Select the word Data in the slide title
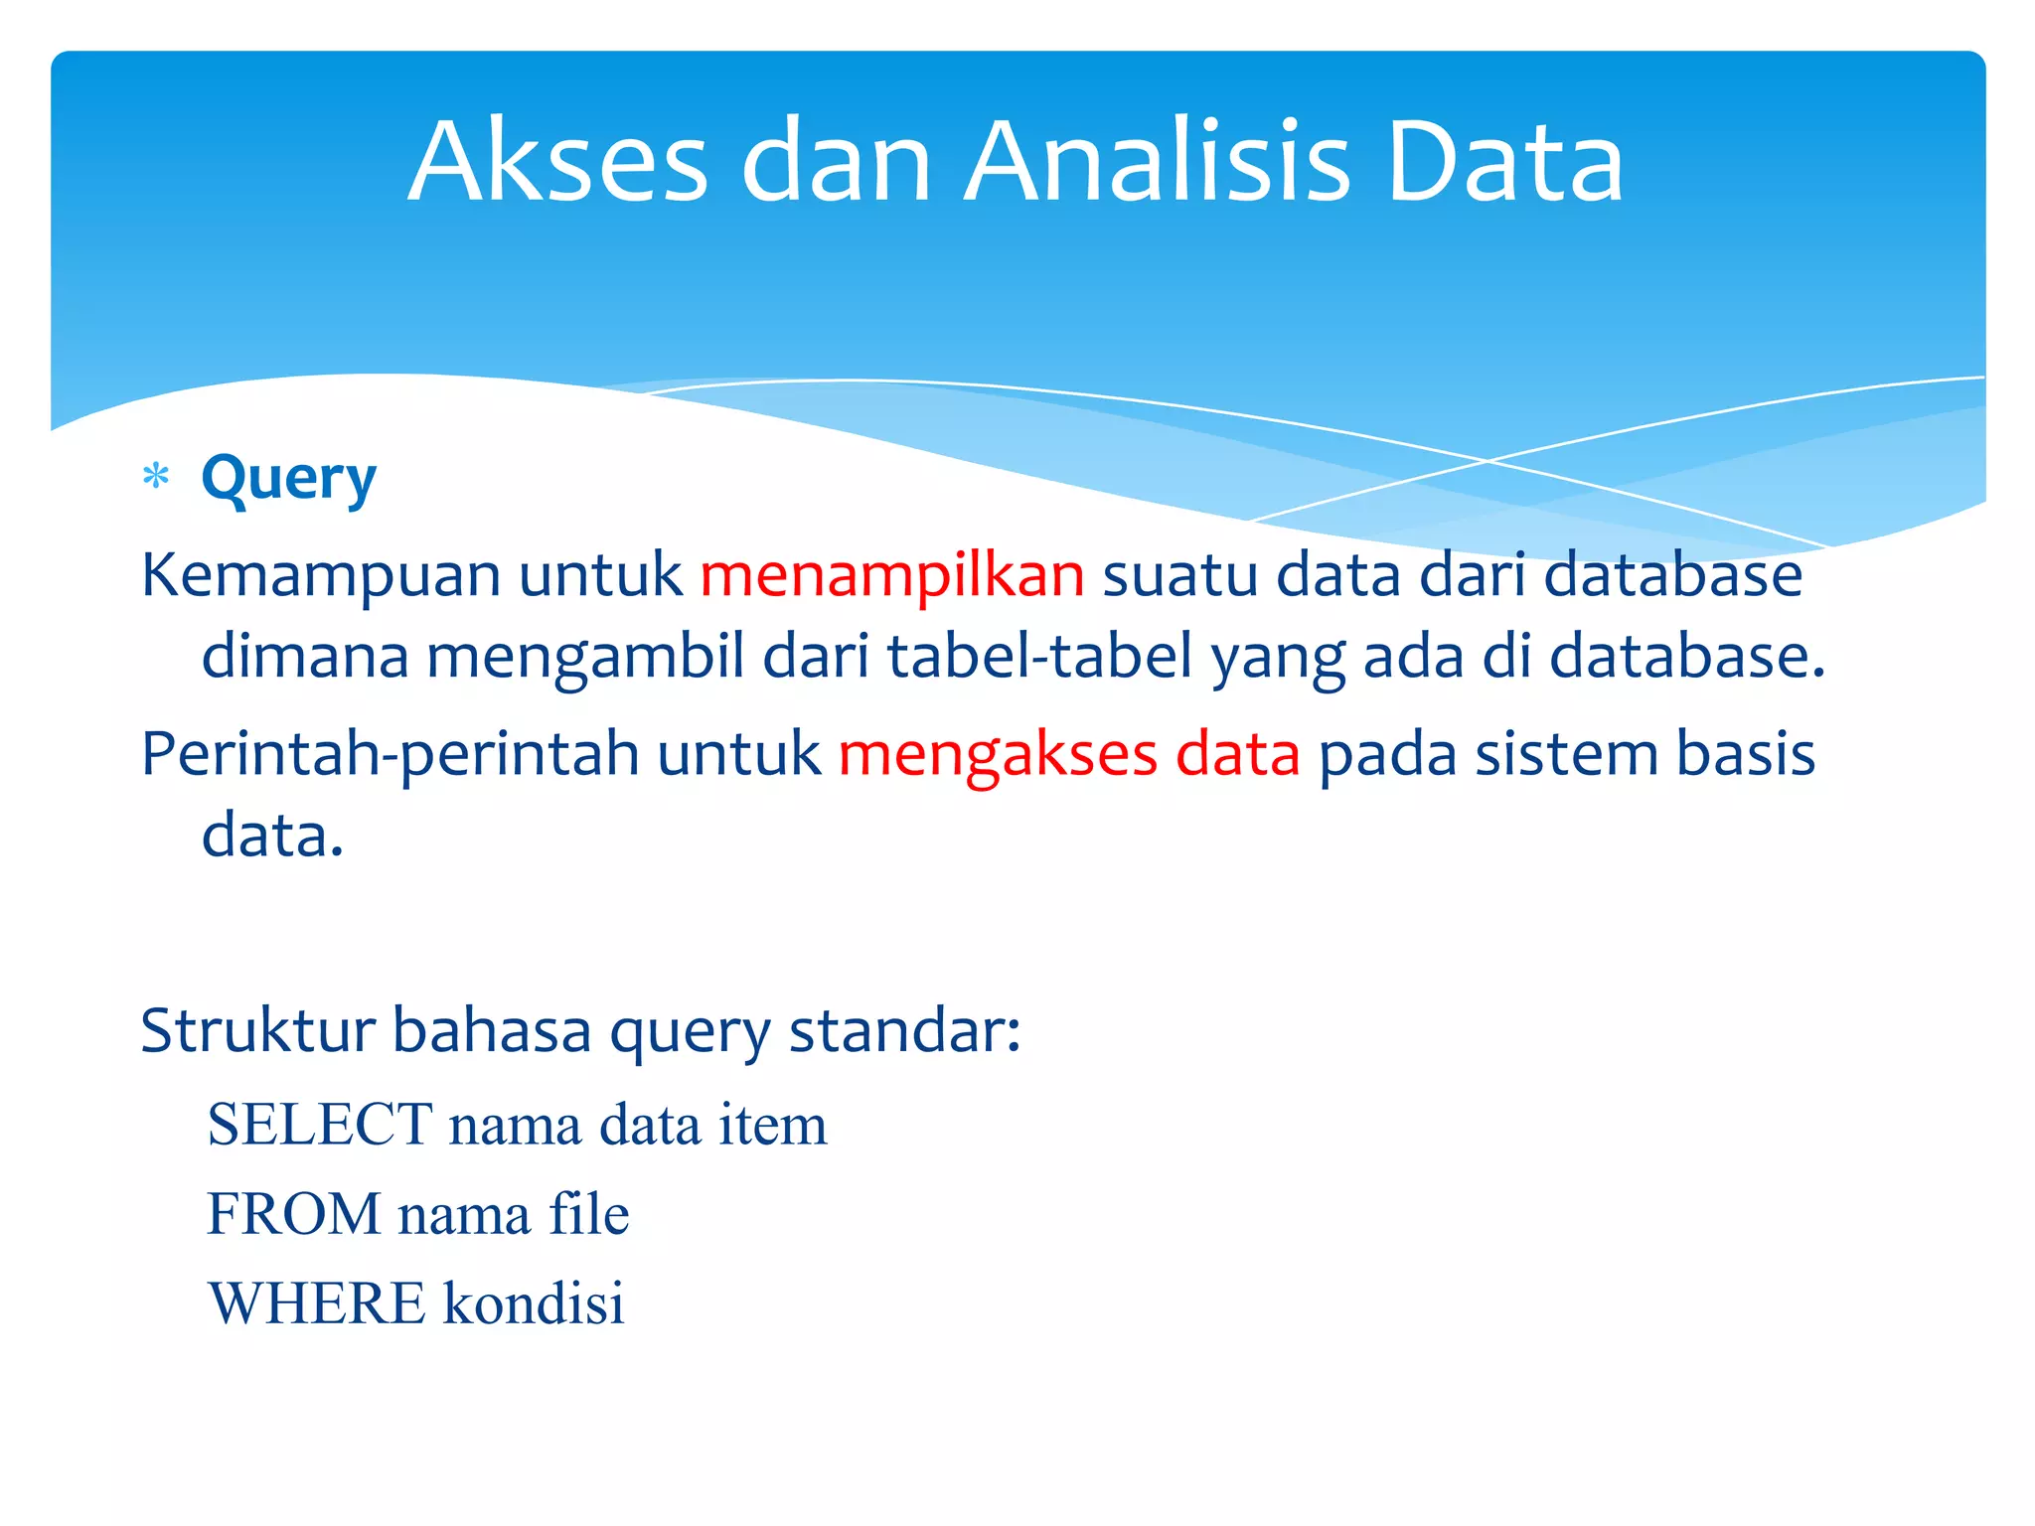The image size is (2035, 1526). pyautogui.click(x=1504, y=162)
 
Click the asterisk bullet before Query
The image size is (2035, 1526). pyautogui.click(x=156, y=478)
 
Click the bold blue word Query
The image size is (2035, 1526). pyautogui.click(x=288, y=480)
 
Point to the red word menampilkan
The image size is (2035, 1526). pyautogui.click(x=892, y=575)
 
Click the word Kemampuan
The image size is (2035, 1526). pyautogui.click(x=320, y=575)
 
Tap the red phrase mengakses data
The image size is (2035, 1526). pyautogui.click(x=1069, y=754)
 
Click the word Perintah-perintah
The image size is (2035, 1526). pyautogui.click(x=391, y=754)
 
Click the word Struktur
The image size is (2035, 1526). pyautogui.click(x=256, y=1030)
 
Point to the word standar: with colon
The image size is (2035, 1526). pyautogui.click(x=904, y=1030)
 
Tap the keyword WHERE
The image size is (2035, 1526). pyautogui.click(x=317, y=1303)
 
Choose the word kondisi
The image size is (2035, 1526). pyautogui.click(x=534, y=1303)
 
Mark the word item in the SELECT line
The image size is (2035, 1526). pyautogui.click(x=772, y=1126)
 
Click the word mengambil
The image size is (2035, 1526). pyautogui.click(x=585, y=659)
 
